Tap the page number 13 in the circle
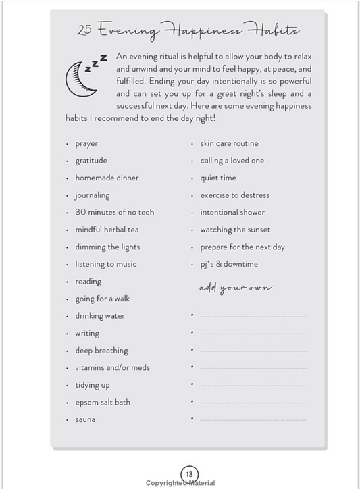pyautogui.click(x=189, y=473)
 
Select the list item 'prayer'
pyautogui.click(x=86, y=144)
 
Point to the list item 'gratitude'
pyautogui.click(x=91, y=161)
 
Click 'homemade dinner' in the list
pyautogui.click(x=107, y=178)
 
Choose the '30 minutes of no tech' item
pyautogui.click(x=114, y=212)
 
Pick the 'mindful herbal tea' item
pyautogui.click(x=107, y=230)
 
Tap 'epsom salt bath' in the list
pyautogui.click(x=103, y=403)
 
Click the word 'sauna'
pyautogui.click(x=85, y=419)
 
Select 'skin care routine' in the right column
pyautogui.click(x=229, y=143)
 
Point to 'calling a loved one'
pyautogui.click(x=232, y=161)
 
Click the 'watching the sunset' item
pyautogui.click(x=235, y=230)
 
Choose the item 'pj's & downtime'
pyautogui.click(x=229, y=264)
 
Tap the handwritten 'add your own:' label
pyautogui.click(x=236, y=288)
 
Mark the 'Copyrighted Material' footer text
pyautogui.click(x=180, y=483)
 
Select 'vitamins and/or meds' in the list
pyautogui.click(x=112, y=368)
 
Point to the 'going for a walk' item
pyautogui.click(x=102, y=299)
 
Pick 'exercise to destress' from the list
pyautogui.click(x=234, y=195)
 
